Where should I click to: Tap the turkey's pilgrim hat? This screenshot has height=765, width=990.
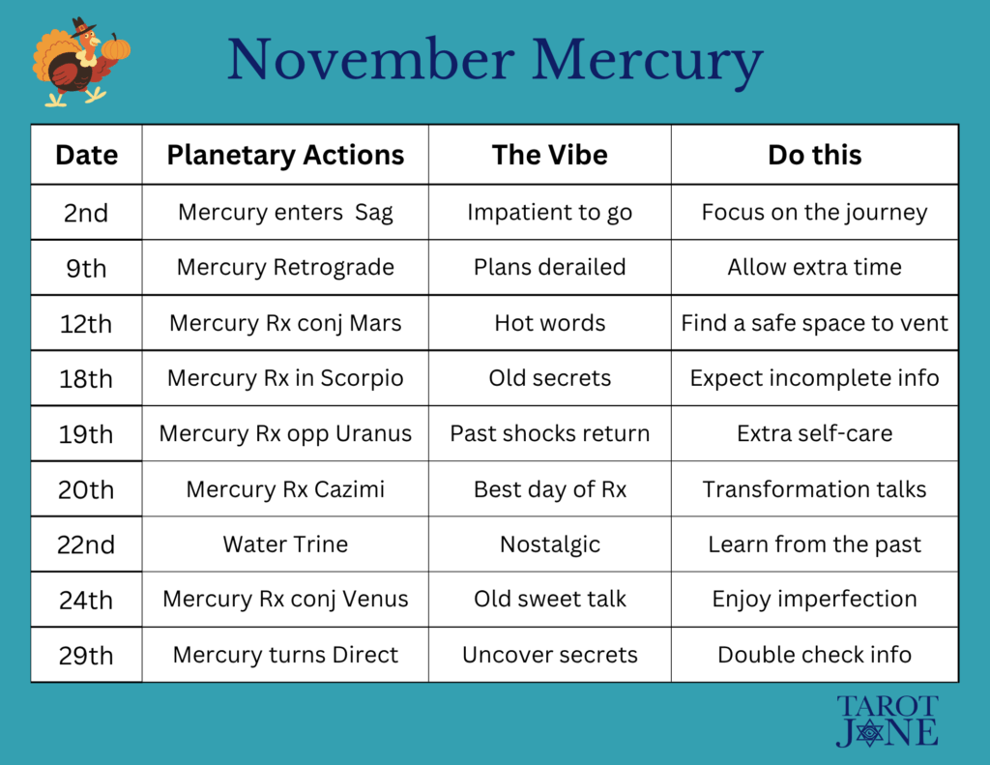point(81,28)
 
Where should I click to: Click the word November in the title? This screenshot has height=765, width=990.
point(370,60)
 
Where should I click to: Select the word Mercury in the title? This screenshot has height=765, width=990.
point(647,63)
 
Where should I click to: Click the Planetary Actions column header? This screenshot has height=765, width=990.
point(285,155)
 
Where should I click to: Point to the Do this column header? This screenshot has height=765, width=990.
point(814,155)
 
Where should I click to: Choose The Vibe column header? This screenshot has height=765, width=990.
point(549,155)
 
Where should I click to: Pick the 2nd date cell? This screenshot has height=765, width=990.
point(86,213)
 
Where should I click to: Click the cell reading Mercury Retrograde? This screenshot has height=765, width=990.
point(285,268)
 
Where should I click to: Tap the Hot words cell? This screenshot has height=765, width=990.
point(549,323)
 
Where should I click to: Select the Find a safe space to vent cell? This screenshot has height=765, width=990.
point(814,324)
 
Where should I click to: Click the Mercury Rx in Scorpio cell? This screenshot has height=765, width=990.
point(285,378)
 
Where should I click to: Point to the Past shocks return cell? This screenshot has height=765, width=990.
point(549,434)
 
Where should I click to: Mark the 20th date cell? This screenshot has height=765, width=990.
point(86,490)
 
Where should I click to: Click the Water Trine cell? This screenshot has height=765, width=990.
point(285,544)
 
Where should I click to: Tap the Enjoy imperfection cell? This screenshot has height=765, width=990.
point(814,600)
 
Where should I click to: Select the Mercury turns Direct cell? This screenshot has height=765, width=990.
point(285,655)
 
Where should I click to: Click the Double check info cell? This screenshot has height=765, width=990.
point(814,655)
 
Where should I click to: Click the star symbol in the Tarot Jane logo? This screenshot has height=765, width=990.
point(870,732)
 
